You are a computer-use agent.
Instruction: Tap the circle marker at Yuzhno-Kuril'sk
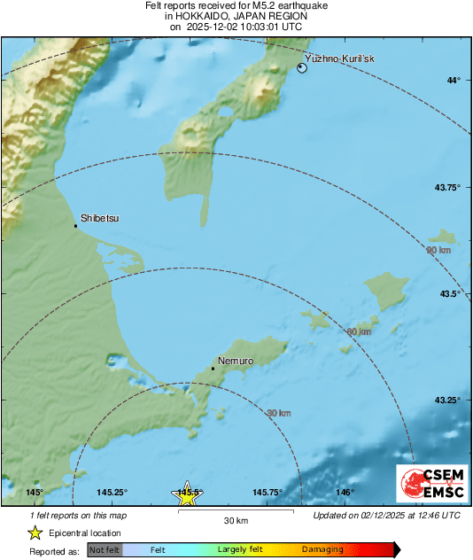[x=302, y=68]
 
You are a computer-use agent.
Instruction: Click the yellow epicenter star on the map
[x=187, y=496]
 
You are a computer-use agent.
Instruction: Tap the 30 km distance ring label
[x=279, y=412]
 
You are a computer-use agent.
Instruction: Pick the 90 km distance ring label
[x=438, y=251]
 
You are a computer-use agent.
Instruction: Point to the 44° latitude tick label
[x=454, y=81]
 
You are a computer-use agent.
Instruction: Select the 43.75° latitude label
[x=448, y=187]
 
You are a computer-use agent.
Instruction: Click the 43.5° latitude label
[x=451, y=293]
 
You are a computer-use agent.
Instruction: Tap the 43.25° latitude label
[x=448, y=401]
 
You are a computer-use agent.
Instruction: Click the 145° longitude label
[x=35, y=492]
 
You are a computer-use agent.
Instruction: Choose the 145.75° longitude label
[x=268, y=492]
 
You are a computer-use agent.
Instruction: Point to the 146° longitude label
[x=345, y=492]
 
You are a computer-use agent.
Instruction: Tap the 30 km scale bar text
[x=236, y=519]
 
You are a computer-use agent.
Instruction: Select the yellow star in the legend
[x=35, y=533]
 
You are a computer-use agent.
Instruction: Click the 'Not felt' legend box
[x=105, y=550]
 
